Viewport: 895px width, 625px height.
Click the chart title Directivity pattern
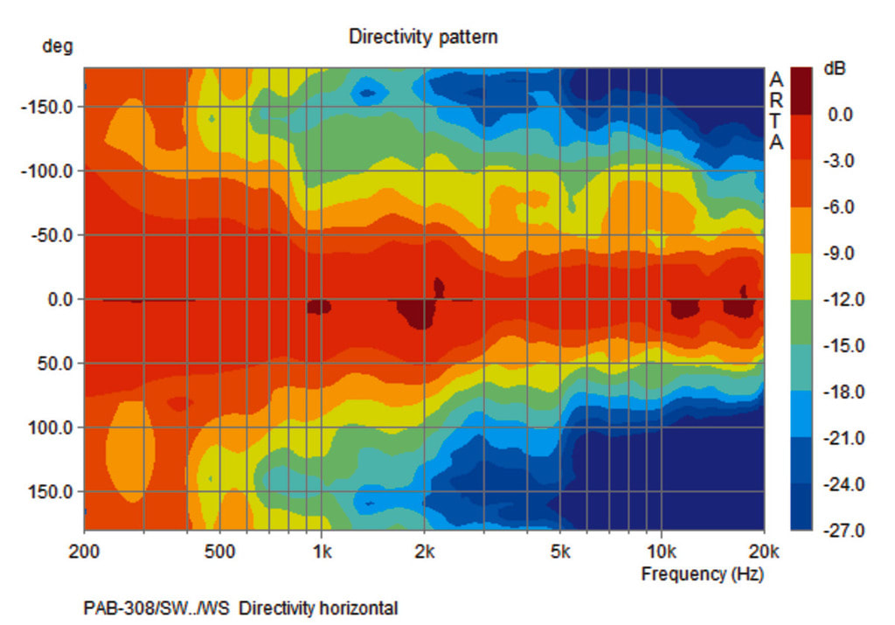point(423,37)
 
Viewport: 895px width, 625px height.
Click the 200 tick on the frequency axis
point(84,552)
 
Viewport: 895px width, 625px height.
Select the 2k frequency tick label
point(425,552)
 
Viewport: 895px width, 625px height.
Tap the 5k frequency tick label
point(560,552)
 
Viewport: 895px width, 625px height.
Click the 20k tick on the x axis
point(763,552)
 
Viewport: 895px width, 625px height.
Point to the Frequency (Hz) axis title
point(702,574)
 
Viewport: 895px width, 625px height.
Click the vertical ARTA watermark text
point(775,111)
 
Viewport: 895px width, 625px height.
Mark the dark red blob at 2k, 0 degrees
point(419,312)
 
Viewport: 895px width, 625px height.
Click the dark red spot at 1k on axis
point(319,306)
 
